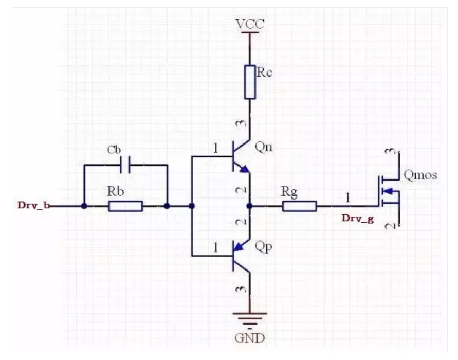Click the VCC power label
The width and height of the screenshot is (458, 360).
pos(249,24)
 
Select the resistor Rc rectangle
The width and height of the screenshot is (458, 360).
pos(249,81)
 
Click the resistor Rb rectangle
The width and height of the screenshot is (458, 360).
pos(125,206)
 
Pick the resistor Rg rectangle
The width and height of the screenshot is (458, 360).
pos(299,206)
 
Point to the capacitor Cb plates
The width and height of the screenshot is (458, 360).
pos(125,166)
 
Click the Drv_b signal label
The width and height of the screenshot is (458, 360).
pos(32,206)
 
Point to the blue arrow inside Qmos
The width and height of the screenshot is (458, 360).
pos(390,192)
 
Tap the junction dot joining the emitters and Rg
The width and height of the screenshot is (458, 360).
pos(249,206)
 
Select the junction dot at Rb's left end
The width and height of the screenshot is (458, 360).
pos(83,206)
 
